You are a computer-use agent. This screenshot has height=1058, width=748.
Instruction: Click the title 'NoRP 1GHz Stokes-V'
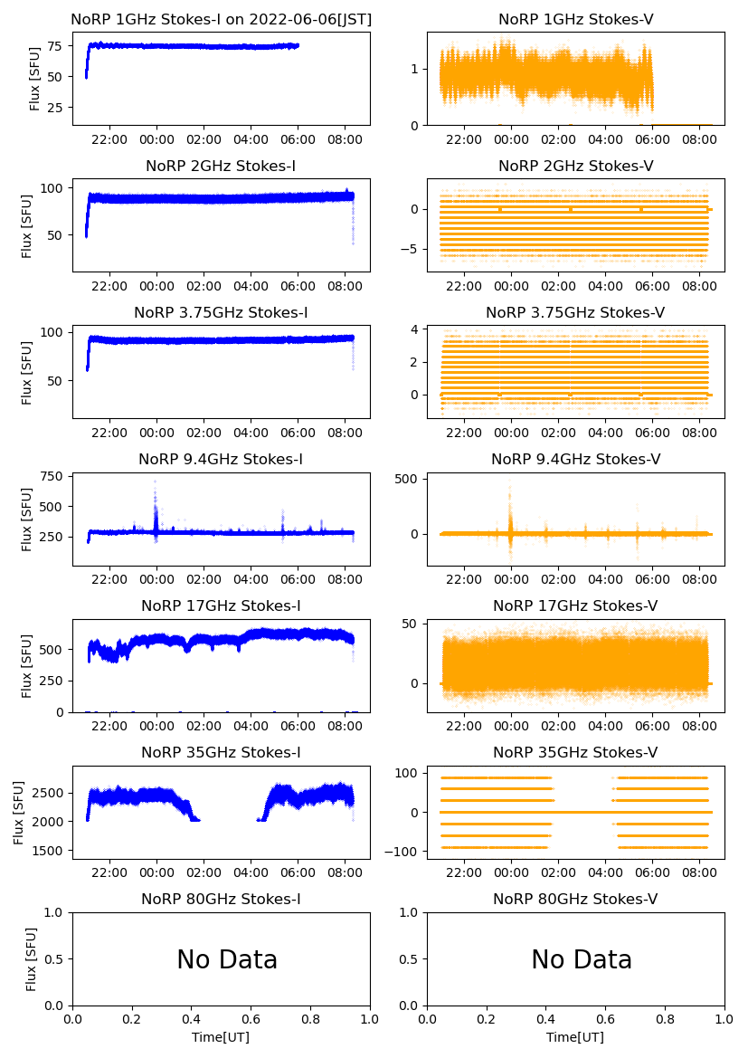pyautogui.click(x=575, y=20)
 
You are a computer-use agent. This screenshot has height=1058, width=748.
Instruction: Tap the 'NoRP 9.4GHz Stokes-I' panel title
pyautogui.click(x=221, y=460)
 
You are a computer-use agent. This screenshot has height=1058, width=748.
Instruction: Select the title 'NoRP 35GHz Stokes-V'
pyautogui.click(x=575, y=753)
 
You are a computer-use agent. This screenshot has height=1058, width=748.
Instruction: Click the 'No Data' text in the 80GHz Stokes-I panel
pyautogui.click(x=227, y=959)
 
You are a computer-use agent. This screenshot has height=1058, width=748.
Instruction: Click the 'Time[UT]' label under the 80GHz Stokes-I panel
pyautogui.click(x=221, y=1037)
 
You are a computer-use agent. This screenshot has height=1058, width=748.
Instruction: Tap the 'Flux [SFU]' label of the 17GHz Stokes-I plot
pyautogui.click(x=27, y=666)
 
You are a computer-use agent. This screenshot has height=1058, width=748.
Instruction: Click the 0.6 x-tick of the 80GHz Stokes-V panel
pyautogui.click(x=605, y=1019)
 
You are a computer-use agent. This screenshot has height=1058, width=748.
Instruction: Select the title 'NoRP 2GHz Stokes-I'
pyautogui.click(x=221, y=167)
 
